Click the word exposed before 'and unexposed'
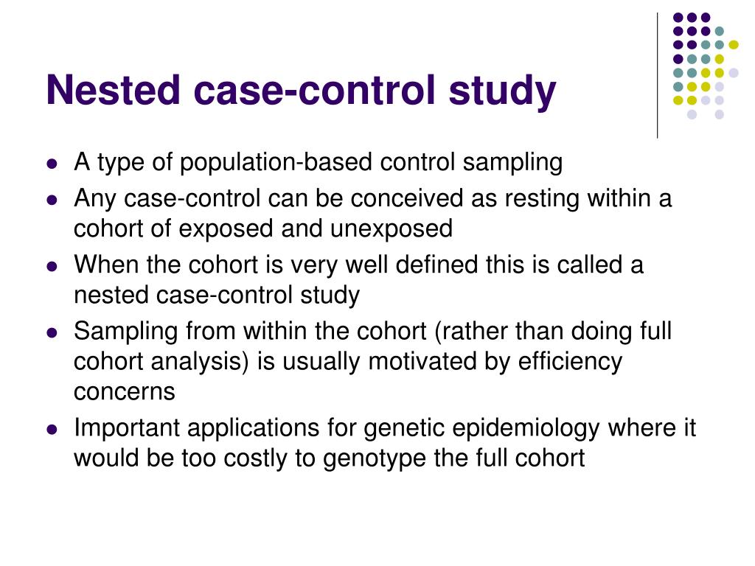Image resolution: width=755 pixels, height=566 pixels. [x=230, y=228]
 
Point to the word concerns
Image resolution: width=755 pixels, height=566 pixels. [x=125, y=391]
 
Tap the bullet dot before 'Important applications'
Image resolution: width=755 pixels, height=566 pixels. [x=52, y=430]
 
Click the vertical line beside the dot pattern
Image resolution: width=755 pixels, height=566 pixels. [x=657, y=74]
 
